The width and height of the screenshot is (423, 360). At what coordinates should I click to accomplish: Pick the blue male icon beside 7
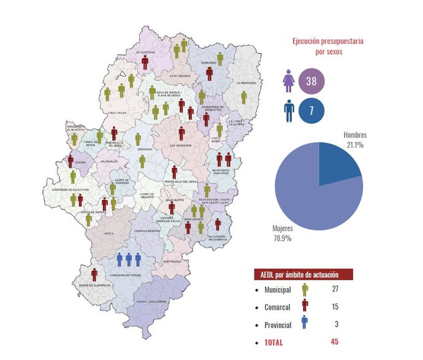tap(288, 111)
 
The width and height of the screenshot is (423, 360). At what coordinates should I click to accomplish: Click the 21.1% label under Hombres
tap(354, 145)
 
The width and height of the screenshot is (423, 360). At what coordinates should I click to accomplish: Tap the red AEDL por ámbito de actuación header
tap(305, 275)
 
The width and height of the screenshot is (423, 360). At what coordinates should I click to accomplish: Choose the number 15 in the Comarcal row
tap(334, 307)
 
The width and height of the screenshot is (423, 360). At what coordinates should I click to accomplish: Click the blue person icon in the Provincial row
tap(304, 324)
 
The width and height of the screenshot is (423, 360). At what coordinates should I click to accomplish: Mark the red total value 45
tap(334, 342)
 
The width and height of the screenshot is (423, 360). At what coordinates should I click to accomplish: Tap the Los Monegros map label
tap(181, 145)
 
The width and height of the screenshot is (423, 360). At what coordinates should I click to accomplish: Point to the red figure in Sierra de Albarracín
tap(94, 275)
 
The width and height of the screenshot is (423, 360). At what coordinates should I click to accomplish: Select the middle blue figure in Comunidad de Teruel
tap(129, 260)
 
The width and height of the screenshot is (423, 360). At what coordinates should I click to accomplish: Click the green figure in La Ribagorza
tap(243, 98)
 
